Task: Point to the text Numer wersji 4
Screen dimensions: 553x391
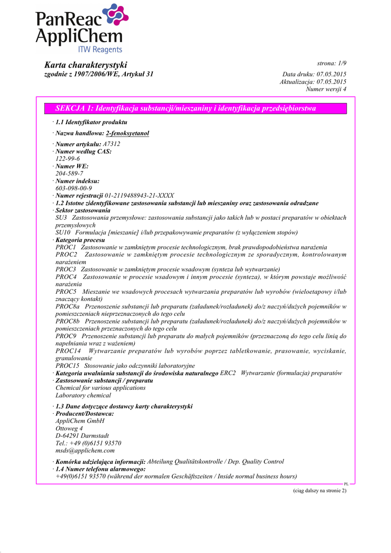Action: click(326, 89)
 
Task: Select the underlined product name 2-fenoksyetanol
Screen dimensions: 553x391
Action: click(127, 133)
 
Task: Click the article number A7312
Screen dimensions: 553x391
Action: click(111, 144)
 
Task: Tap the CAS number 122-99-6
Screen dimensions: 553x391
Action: click(68, 159)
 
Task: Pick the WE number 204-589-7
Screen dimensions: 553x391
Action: click(68, 173)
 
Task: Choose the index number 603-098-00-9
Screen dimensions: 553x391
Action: click(73, 188)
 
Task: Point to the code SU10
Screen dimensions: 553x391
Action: click(63, 232)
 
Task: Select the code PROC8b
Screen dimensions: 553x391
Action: click(68, 321)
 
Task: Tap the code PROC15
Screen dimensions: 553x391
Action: click(67, 366)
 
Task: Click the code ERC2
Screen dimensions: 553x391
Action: click(228, 373)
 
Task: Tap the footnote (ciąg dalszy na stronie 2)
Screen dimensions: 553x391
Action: click(316, 490)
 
